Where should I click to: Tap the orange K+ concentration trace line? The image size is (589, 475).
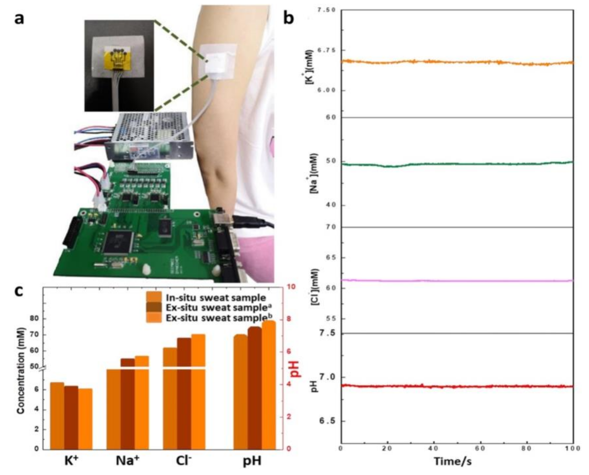point(457,62)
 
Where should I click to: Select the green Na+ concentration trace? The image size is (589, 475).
point(457,164)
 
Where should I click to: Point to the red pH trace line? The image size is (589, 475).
point(457,386)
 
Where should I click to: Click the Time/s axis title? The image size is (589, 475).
point(453,461)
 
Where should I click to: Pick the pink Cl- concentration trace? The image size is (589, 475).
point(457,281)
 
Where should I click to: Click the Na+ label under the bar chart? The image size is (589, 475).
point(127,461)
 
